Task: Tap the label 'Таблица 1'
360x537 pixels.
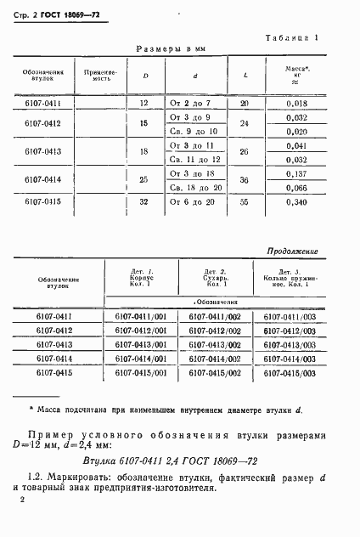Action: pos(291,38)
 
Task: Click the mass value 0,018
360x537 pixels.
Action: pos(297,103)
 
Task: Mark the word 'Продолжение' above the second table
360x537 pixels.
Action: pos(292,252)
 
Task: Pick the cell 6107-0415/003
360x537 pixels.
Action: pos(290,373)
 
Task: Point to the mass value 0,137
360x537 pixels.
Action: pos(297,172)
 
